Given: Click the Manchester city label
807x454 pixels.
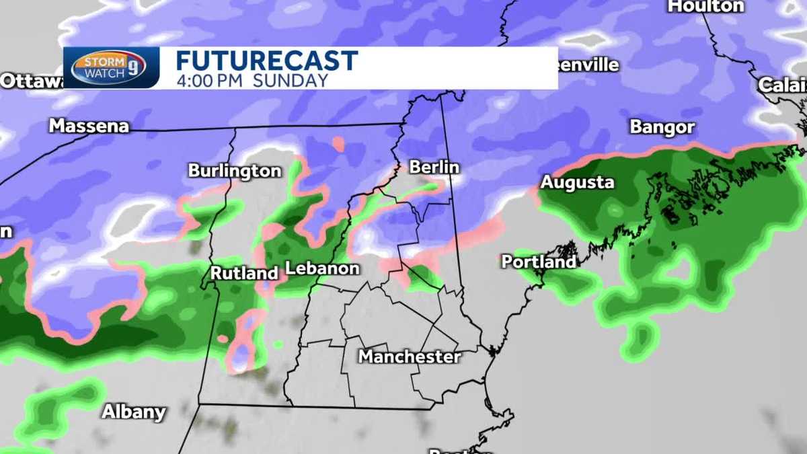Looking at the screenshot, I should (409, 356).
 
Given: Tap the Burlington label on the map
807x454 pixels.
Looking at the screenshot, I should (234, 171).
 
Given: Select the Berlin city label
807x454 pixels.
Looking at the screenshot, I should (434, 167).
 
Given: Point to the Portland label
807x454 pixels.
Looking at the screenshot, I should (539, 262).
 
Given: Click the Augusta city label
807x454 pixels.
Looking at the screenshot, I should (578, 182).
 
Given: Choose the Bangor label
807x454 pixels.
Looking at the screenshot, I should (662, 127).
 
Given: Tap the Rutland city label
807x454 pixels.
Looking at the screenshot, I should (244, 273).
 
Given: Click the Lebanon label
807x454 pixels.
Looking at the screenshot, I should (322, 268).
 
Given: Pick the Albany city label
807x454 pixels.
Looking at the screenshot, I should (133, 412).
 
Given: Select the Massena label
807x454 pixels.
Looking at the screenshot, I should (89, 126).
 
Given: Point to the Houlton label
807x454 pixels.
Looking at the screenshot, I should (705, 7).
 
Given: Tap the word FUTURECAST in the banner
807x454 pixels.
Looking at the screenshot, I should (266, 61).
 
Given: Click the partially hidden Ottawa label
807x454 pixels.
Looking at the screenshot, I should (31, 81).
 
